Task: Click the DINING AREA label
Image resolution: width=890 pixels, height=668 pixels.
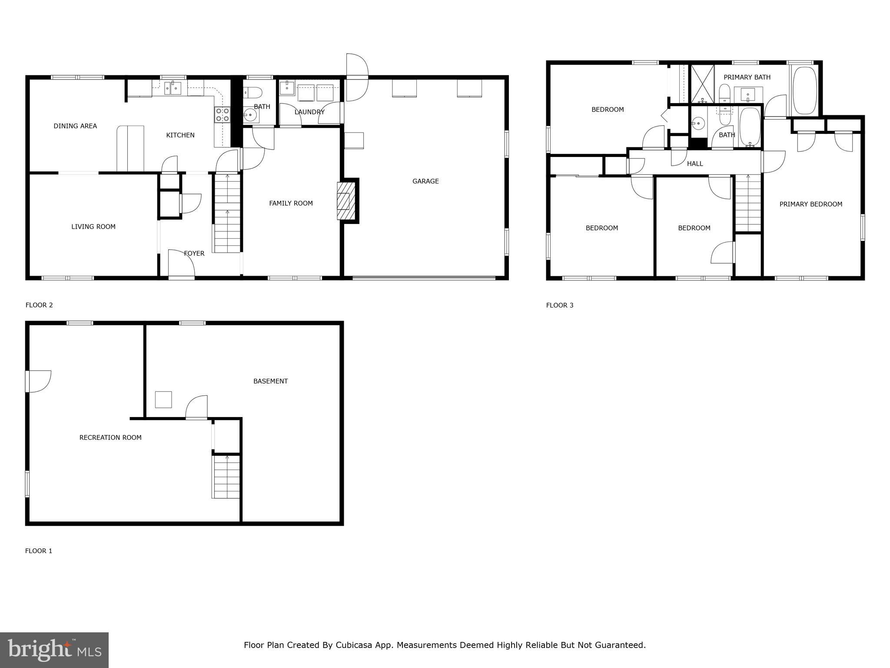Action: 75,126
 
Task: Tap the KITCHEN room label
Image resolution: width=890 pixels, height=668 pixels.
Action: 180,135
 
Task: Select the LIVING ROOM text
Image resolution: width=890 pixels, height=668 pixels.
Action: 93,227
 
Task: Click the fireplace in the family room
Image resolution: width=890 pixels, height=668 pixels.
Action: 346,201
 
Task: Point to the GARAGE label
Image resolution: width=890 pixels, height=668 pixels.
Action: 425,181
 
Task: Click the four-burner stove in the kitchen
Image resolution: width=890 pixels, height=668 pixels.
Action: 222,115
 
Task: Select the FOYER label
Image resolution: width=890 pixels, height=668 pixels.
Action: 194,254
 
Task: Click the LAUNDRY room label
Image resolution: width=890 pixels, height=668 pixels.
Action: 309,112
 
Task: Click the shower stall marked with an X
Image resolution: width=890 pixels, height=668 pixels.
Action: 702,83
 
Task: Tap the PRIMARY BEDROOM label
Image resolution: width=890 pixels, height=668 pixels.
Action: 810,204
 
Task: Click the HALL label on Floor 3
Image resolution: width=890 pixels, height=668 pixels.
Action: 695,164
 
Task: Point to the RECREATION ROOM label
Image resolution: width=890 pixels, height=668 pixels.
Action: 110,438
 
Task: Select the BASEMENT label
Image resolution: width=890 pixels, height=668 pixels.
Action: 270,381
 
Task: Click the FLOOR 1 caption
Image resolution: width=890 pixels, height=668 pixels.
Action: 39,551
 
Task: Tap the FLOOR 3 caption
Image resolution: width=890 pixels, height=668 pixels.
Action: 560,305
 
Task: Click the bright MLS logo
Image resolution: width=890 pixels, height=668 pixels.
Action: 54,650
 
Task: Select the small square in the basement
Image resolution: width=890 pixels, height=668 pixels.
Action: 163,400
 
